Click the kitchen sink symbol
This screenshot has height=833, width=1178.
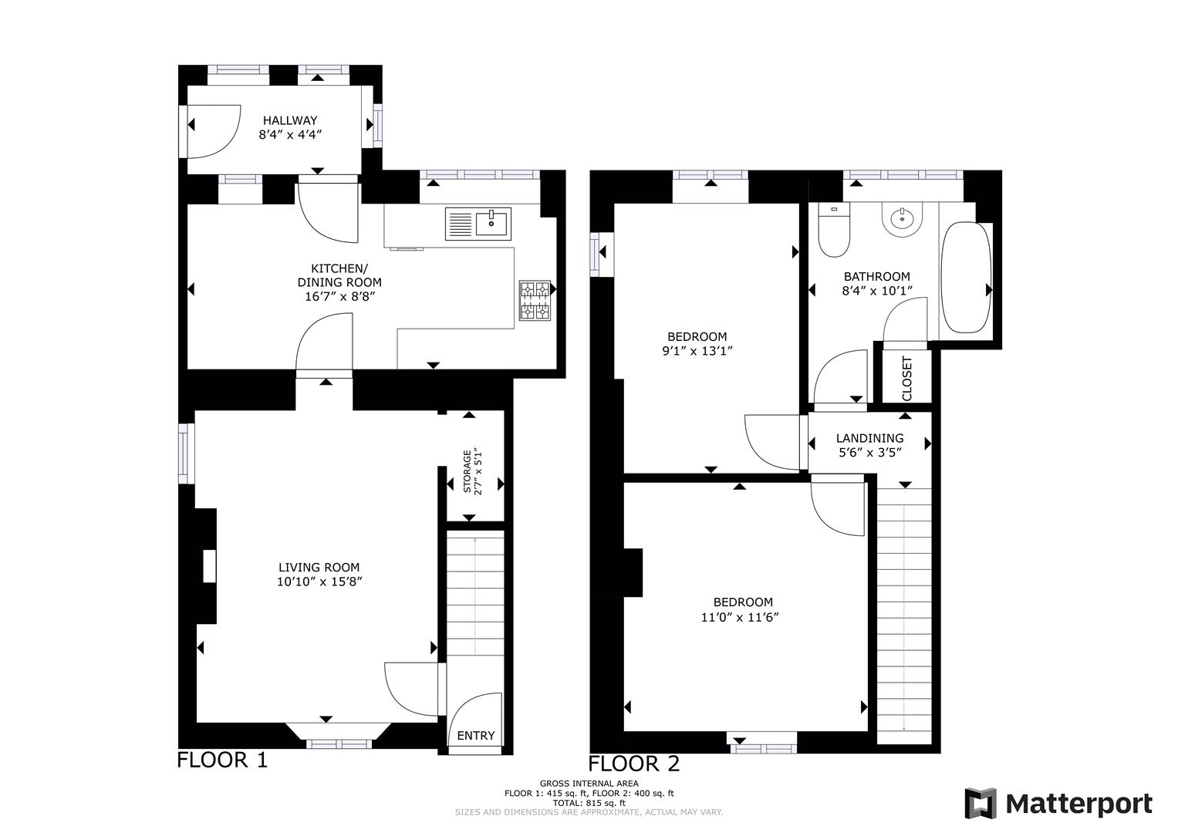pos(491,224)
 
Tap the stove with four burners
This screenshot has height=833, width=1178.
pos(535,300)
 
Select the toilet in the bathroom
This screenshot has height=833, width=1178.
pos(833,231)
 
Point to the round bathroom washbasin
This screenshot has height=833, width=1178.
pos(901,220)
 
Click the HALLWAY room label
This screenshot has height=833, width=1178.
pos(290,120)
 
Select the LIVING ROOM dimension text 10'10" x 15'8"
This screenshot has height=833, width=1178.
pos(319,582)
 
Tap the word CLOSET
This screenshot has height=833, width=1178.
pos(906,378)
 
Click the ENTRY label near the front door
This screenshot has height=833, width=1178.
pos(475,735)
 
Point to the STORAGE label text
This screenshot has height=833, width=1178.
pos(467,470)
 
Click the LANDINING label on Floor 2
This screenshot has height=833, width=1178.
pos(869,438)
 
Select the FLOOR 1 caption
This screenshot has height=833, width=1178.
pos(222,760)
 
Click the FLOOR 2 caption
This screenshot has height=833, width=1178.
pos(634,764)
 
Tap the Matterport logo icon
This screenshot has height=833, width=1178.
pos(981,804)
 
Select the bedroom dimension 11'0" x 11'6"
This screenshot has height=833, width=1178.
pos(743,617)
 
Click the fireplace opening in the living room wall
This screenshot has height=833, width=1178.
pos(208,566)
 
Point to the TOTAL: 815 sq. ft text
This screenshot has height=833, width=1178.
pos(589,802)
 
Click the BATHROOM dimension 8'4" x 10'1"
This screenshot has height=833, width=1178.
pos(876,291)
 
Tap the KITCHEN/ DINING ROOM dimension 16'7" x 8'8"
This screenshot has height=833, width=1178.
pos(339,296)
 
